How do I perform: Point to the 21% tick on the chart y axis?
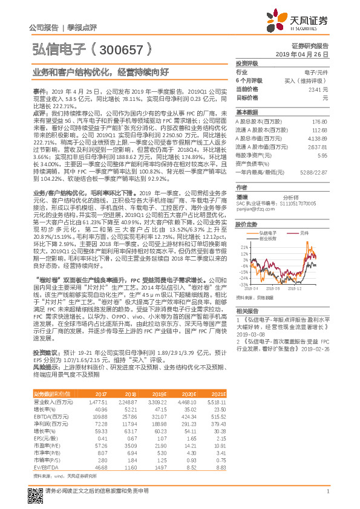[243, 247]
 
